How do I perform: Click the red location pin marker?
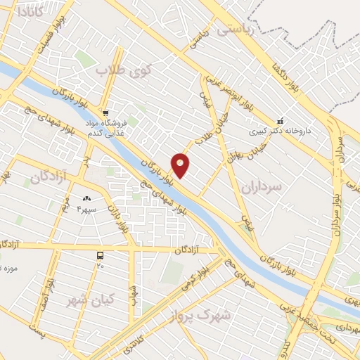click(x=181, y=165)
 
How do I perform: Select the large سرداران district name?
click(x=259, y=187)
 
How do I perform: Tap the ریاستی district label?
click(x=233, y=30)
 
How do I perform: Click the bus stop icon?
click(x=101, y=256)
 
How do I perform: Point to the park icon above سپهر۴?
click(x=87, y=200)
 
